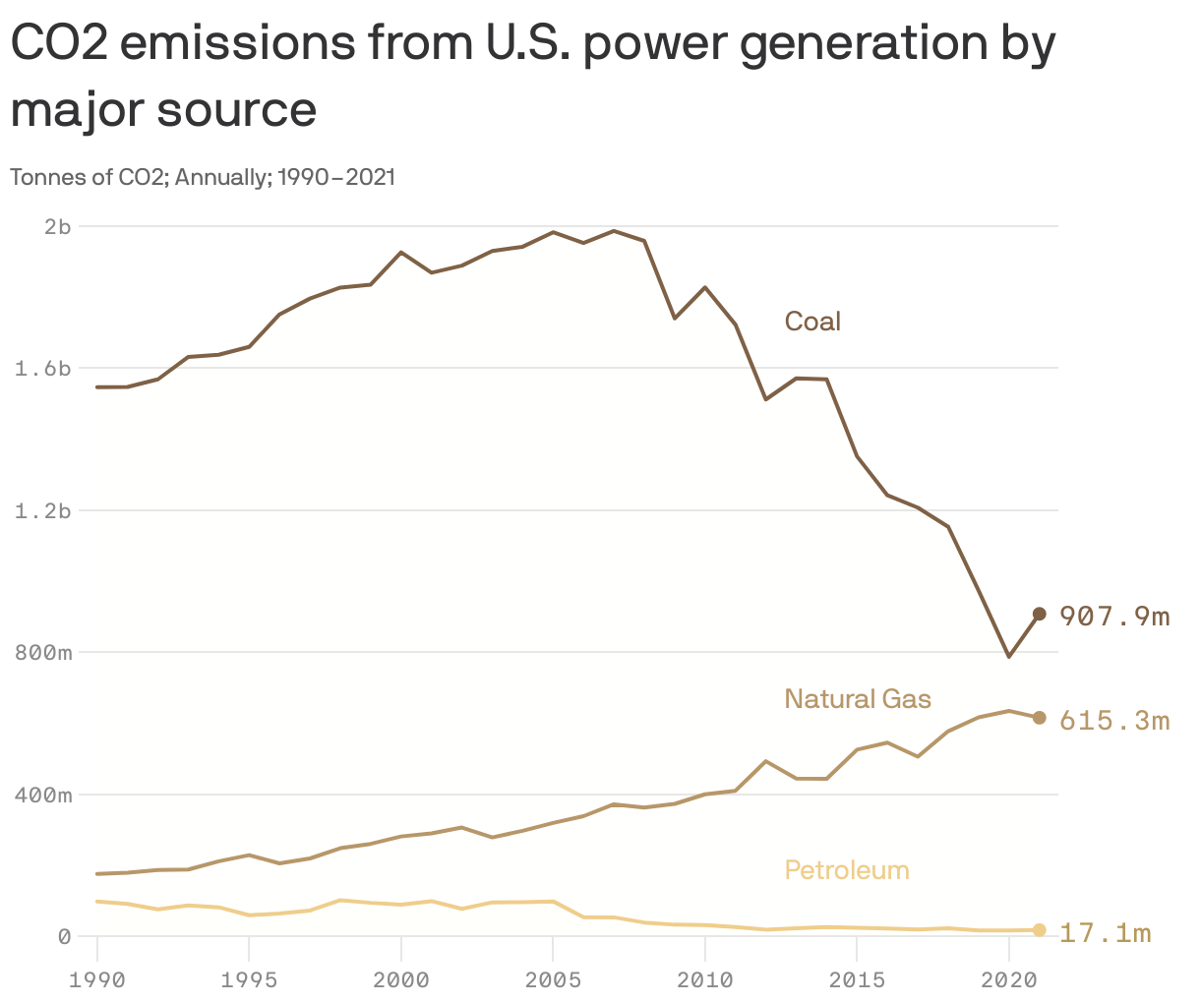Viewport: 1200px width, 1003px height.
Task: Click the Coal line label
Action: coord(812,322)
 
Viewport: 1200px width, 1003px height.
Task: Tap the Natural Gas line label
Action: coord(857,699)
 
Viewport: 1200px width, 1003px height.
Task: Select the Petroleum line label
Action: coord(846,870)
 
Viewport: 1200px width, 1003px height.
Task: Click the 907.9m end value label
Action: coord(1114,617)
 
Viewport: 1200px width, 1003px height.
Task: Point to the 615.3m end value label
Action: coord(1114,721)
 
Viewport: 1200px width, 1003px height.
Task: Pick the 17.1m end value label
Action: coord(1105,932)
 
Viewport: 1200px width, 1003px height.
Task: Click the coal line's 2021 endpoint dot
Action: coord(1039,614)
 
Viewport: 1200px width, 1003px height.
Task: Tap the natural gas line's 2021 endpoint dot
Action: coord(1039,718)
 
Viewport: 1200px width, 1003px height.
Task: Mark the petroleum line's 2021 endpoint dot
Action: coord(1039,930)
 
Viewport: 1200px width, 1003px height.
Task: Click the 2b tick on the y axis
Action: coord(58,227)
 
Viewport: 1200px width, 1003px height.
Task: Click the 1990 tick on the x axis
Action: coord(97,979)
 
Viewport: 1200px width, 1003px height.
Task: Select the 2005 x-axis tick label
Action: coord(553,979)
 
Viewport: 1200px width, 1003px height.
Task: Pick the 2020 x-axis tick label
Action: coord(1008,979)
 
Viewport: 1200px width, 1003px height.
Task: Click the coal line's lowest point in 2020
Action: coord(1008,656)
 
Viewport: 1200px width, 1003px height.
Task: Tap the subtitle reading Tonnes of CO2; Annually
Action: coord(202,177)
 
